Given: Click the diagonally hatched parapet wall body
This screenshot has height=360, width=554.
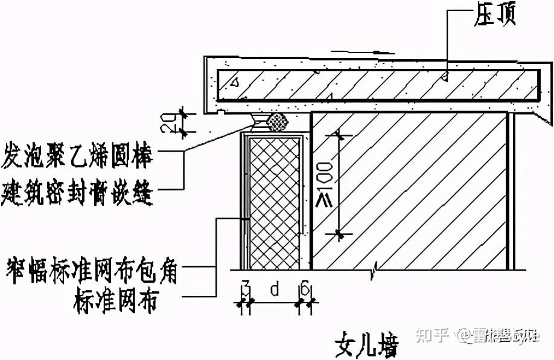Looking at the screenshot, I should [416, 193].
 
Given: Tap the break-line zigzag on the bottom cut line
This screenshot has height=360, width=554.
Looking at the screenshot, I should [375, 266].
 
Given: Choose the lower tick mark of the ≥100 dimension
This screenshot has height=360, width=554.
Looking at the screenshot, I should [340, 233].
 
